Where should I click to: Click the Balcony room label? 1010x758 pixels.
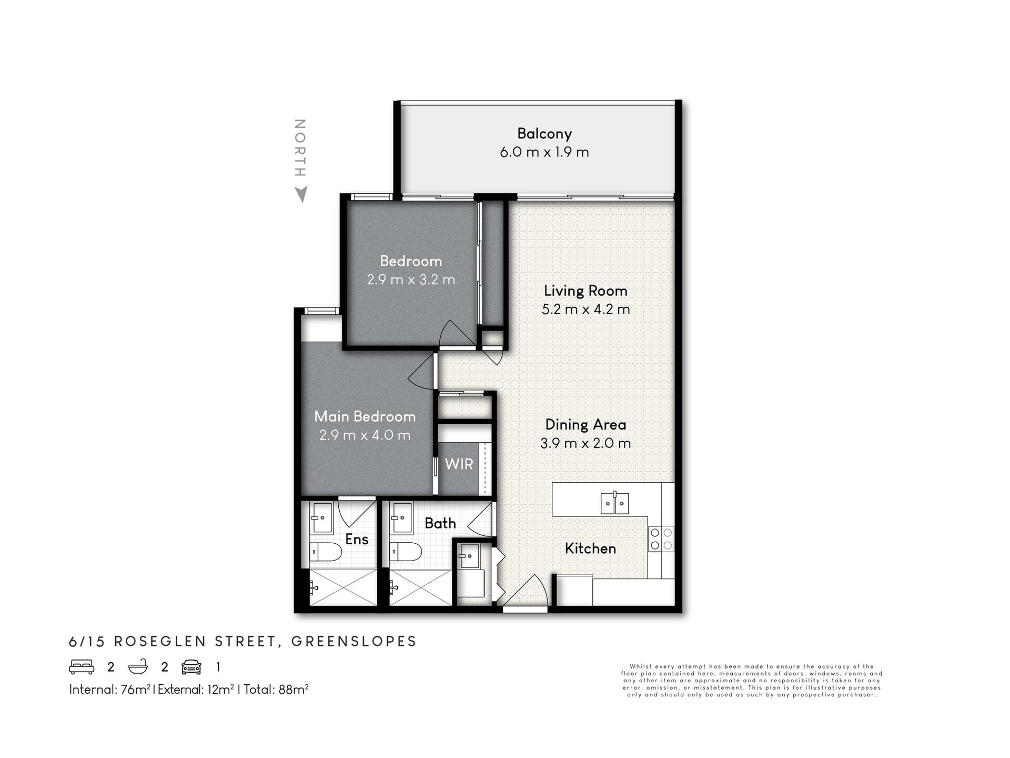(544, 134)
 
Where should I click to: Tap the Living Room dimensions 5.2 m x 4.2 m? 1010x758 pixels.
(585, 309)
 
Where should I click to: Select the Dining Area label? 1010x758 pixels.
(585, 424)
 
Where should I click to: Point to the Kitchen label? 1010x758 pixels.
(590, 548)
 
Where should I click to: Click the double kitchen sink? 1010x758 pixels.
(614, 503)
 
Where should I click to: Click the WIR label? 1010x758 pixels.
(459, 464)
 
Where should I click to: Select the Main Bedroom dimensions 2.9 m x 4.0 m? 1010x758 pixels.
(365, 435)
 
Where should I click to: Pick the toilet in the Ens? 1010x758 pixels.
(326, 552)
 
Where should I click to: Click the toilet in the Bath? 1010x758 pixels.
(406, 552)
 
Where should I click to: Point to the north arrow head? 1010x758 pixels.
(301, 194)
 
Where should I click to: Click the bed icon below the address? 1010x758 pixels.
(82, 667)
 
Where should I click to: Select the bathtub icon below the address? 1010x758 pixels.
(138, 667)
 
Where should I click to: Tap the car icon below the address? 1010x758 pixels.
(191, 667)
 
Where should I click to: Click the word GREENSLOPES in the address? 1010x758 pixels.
(354, 641)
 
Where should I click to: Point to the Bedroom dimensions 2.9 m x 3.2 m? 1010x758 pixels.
(411, 280)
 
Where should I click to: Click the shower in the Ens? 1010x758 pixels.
(343, 587)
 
